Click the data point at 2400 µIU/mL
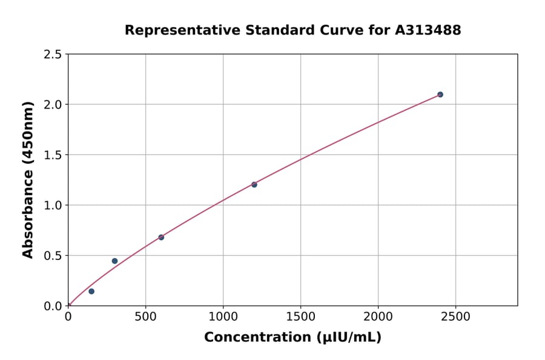(440, 95)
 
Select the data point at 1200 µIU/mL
(254, 185)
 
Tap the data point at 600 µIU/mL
(161, 237)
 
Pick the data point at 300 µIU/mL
(114, 261)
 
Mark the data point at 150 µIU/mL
(91, 292)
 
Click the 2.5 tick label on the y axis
(53, 55)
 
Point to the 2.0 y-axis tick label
(53, 105)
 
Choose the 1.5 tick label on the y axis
(53, 155)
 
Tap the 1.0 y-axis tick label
(53, 205)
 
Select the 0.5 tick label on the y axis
(53, 256)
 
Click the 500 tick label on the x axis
(145, 316)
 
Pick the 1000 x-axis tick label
(223, 316)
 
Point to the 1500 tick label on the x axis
(300, 316)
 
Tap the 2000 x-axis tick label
(378, 316)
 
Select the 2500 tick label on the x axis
(456, 316)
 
